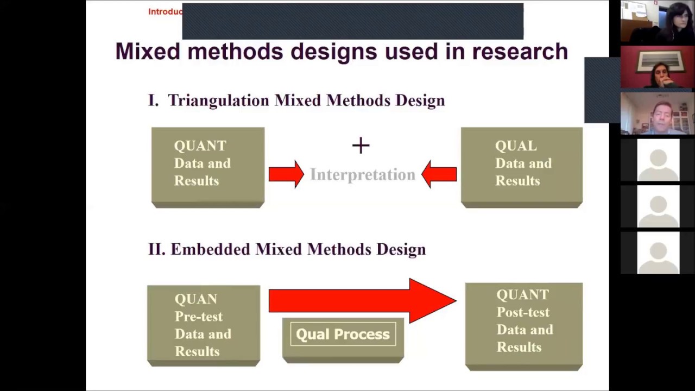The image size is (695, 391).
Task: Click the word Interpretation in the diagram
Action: click(x=362, y=174)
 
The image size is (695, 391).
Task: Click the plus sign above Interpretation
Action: click(x=361, y=146)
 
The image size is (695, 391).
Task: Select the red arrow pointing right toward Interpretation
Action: click(x=286, y=174)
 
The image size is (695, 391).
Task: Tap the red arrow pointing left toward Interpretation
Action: click(x=439, y=174)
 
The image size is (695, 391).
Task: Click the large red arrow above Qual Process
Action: click(x=362, y=300)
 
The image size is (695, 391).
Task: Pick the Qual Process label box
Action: click(x=343, y=335)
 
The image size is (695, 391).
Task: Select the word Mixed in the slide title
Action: click(x=148, y=52)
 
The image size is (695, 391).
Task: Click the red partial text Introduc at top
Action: click(x=165, y=11)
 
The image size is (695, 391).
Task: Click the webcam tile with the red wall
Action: click(x=658, y=67)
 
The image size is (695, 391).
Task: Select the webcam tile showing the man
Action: click(x=658, y=113)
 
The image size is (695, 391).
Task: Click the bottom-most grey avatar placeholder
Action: click(x=658, y=253)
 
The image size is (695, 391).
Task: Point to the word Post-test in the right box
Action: click(x=523, y=312)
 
